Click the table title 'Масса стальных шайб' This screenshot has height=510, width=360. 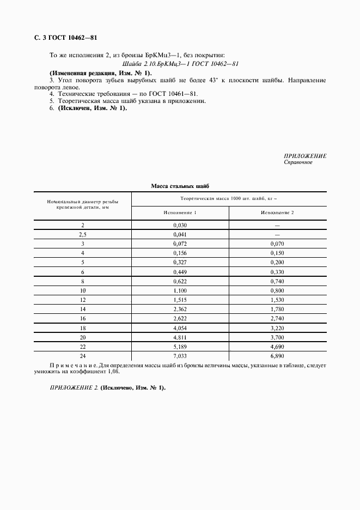[x=180, y=186]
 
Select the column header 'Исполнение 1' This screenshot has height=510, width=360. [x=180, y=212]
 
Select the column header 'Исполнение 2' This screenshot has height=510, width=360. [x=277, y=212]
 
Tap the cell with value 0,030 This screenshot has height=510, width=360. [x=180, y=224]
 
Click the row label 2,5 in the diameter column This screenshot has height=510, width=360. [x=82, y=234]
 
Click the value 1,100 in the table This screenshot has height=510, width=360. [x=180, y=291]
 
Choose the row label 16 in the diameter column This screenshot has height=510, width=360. [x=83, y=318]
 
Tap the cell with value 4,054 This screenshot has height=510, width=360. [x=180, y=329]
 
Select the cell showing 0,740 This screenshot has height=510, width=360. [x=277, y=281]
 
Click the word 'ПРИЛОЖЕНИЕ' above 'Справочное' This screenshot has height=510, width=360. [x=306, y=156]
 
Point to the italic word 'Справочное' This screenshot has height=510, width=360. [x=298, y=162]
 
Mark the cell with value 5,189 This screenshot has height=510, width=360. [x=180, y=347]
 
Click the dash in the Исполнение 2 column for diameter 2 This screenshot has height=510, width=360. [x=277, y=225]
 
